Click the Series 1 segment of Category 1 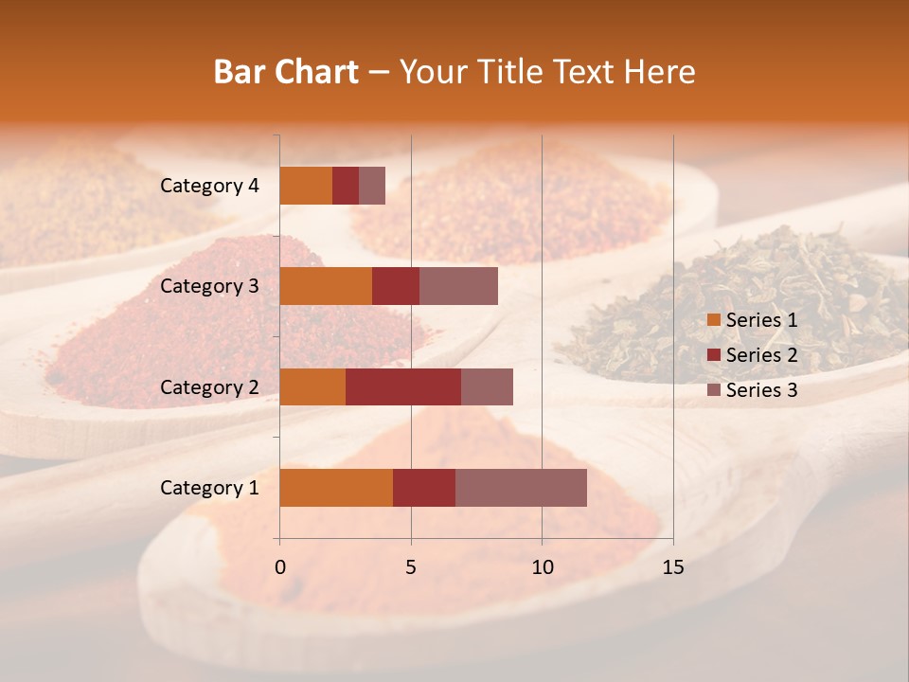pyautogui.click(x=336, y=487)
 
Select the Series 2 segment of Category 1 pyautogui.click(x=424, y=487)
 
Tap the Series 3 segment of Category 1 pyautogui.click(x=521, y=487)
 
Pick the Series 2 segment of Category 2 pyautogui.click(x=403, y=386)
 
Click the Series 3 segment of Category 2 pyautogui.click(x=487, y=386)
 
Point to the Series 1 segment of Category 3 pyautogui.click(x=326, y=286)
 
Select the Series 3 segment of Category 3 pyautogui.click(x=458, y=286)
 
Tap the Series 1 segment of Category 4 pyautogui.click(x=306, y=186)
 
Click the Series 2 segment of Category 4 pyautogui.click(x=346, y=186)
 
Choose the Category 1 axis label pyautogui.click(x=209, y=488)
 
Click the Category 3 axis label pyautogui.click(x=209, y=286)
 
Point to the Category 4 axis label pyautogui.click(x=209, y=186)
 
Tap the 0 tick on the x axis pyautogui.click(x=280, y=567)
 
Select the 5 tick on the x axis pyautogui.click(x=411, y=567)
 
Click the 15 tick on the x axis pyautogui.click(x=673, y=567)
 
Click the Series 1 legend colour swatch pyautogui.click(x=713, y=320)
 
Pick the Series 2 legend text pyautogui.click(x=761, y=355)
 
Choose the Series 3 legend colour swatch pyautogui.click(x=713, y=390)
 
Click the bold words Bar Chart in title pyautogui.click(x=286, y=72)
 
